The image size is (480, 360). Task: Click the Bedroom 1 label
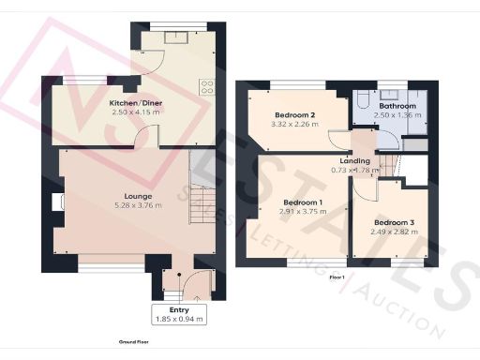pos(303,203)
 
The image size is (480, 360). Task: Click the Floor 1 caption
pos(337,278)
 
